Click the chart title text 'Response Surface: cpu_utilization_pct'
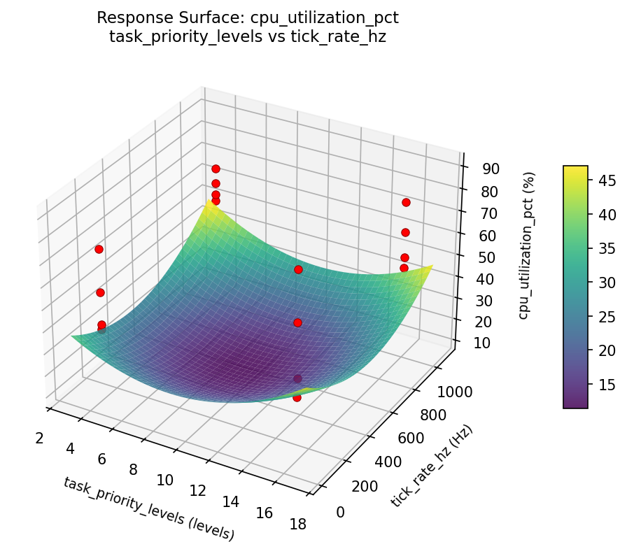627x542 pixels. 248,17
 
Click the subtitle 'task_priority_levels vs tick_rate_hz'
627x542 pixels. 248,36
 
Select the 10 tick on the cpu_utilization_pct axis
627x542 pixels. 479,342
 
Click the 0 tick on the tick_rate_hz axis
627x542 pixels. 340,513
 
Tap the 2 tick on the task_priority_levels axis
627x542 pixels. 39,438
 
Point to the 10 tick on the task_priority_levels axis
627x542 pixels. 165,480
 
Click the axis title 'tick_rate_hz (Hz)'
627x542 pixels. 432,466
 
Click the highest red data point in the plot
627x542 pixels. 216,169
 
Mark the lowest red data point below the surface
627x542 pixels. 297,397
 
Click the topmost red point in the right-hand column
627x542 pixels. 406,203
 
